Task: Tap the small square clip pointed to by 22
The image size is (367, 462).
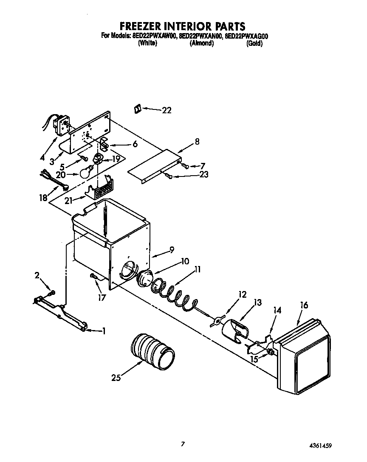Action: click(x=137, y=109)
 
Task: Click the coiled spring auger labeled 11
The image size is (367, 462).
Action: click(x=170, y=292)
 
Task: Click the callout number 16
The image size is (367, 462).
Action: click(x=304, y=305)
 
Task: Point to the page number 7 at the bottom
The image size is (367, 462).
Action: click(x=183, y=444)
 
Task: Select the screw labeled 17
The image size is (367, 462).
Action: click(x=94, y=277)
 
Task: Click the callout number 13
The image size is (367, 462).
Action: click(x=257, y=302)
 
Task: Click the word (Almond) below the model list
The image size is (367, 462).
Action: click(x=201, y=43)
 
